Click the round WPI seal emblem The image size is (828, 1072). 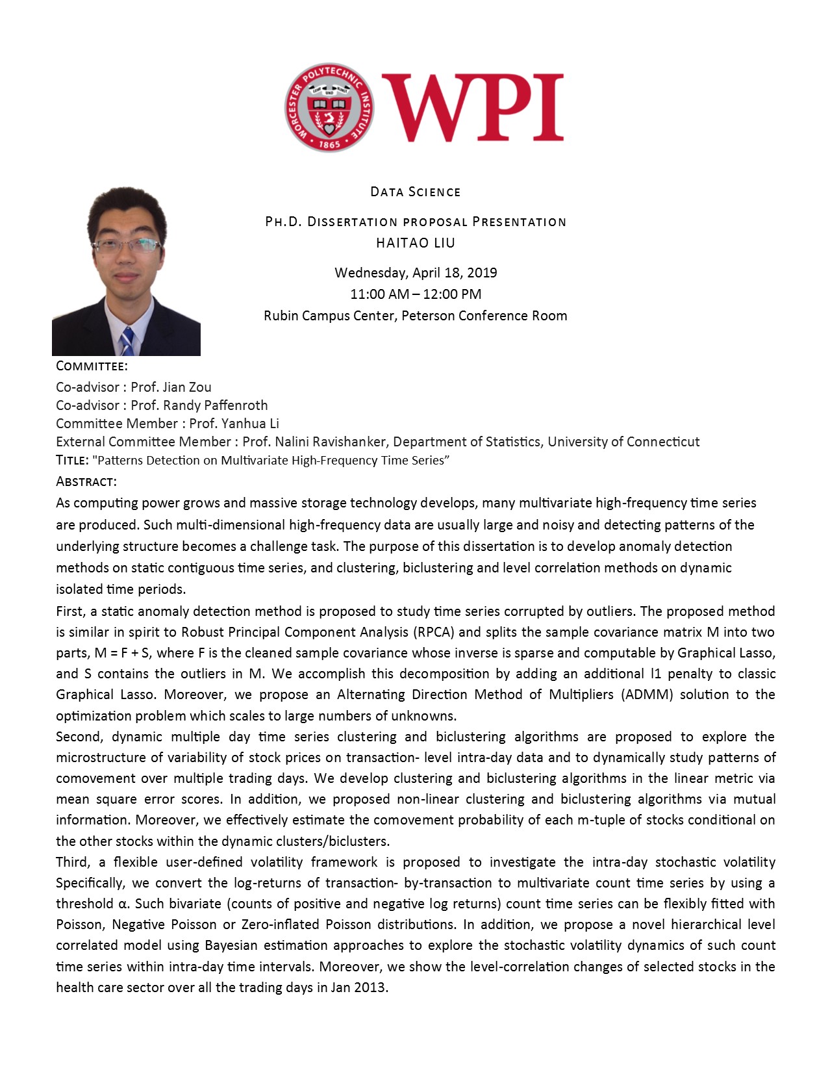329,107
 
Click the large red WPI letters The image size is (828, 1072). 473,108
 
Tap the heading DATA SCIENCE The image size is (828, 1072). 416,192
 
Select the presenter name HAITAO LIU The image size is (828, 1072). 416,243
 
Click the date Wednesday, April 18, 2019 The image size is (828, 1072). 416,273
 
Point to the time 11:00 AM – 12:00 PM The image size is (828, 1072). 416,294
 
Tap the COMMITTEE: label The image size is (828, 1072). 92,366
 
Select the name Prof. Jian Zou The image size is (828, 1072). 171,387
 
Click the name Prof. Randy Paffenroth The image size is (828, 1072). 199,405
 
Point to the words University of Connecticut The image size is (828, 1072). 623,442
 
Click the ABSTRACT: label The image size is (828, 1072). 86,481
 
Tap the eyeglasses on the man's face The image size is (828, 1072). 127,246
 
